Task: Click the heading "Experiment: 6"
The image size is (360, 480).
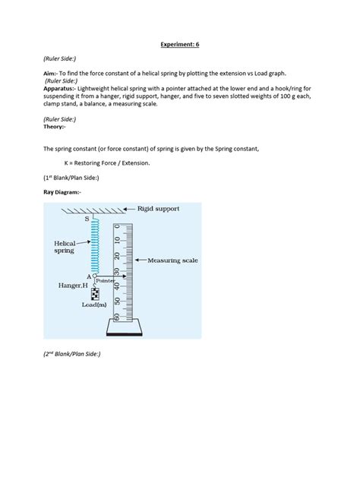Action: pyautogui.click(x=180, y=44)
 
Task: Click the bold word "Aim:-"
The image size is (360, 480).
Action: pyautogui.click(x=50, y=74)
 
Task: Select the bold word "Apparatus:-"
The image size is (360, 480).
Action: pyautogui.click(x=59, y=89)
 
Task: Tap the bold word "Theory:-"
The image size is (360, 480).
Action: pyautogui.click(x=55, y=127)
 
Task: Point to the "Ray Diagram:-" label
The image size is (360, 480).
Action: pyautogui.click(x=62, y=192)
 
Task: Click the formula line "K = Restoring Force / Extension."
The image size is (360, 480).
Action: pyautogui.click(x=107, y=163)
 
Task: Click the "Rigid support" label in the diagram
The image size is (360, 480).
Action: pyautogui.click(x=158, y=209)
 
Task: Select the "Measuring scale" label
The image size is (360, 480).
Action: pyautogui.click(x=172, y=261)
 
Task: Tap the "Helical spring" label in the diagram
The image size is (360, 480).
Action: pyautogui.click(x=65, y=247)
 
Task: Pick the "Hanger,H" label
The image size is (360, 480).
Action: pyautogui.click(x=73, y=286)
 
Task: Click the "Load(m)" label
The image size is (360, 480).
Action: pyautogui.click(x=94, y=305)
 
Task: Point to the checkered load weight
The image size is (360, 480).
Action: pyautogui.click(x=95, y=294)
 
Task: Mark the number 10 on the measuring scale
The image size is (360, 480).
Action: pyautogui.click(x=117, y=240)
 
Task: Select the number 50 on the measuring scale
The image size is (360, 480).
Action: pyautogui.click(x=117, y=302)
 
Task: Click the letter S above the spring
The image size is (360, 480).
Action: pyautogui.click(x=87, y=219)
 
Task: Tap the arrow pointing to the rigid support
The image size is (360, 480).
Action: pyautogui.click(x=129, y=209)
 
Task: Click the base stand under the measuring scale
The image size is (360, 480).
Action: pyautogui.click(x=125, y=327)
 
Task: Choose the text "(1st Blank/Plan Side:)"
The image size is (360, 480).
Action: pyautogui.click(x=71, y=178)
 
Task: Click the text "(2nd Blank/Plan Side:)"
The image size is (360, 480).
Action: pyautogui.click(x=72, y=354)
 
